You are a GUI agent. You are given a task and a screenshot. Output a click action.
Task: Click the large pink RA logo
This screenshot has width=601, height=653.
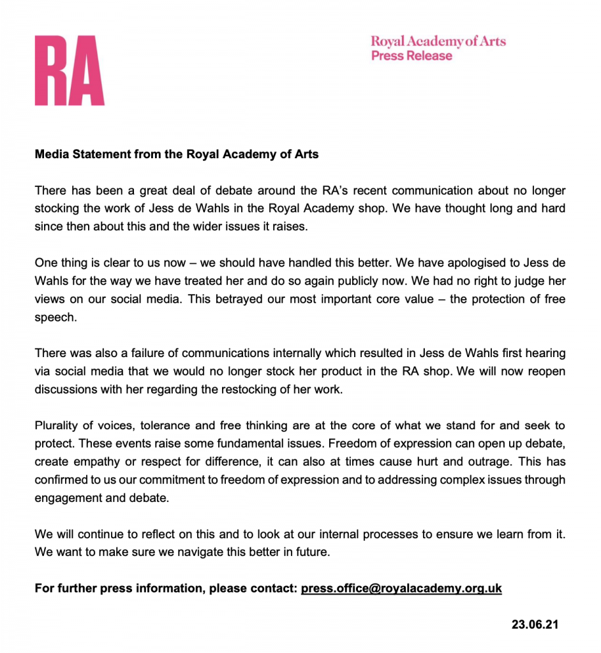point(70,71)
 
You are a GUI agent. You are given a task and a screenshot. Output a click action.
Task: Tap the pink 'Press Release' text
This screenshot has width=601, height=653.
point(412,56)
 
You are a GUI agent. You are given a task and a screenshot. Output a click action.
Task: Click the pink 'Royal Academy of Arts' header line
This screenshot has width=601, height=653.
point(438,41)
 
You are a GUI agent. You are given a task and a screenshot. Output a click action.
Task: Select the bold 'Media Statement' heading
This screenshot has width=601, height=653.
point(177,154)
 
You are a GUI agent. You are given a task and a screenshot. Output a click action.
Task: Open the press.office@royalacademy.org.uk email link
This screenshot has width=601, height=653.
point(401,588)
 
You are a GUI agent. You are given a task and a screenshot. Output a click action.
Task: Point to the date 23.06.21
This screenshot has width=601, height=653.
point(535,624)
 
